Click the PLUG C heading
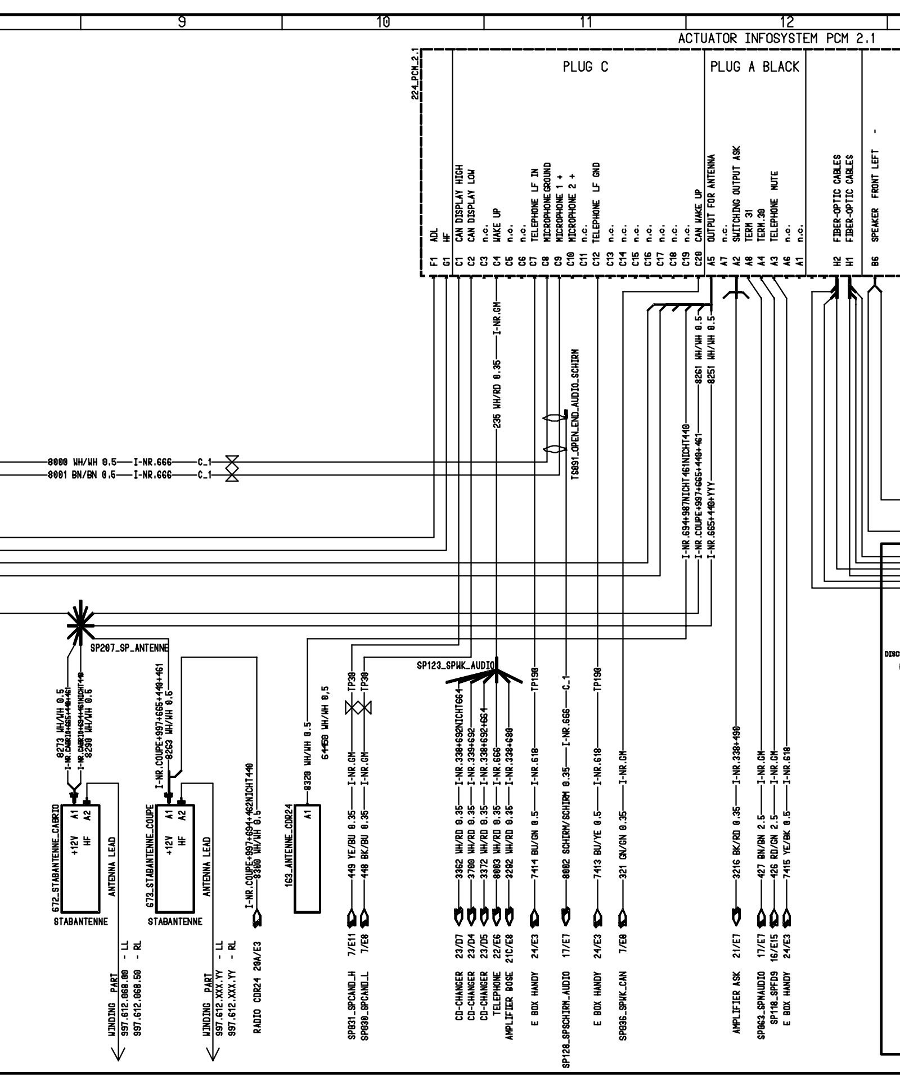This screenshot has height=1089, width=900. pyautogui.click(x=585, y=67)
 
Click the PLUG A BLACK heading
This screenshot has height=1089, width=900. pyautogui.click(x=754, y=67)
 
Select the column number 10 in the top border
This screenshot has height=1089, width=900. pyautogui.click(x=383, y=22)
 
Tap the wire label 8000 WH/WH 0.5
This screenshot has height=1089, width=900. pyautogui.click(x=83, y=462)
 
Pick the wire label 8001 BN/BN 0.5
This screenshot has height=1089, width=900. pyautogui.click(x=83, y=474)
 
